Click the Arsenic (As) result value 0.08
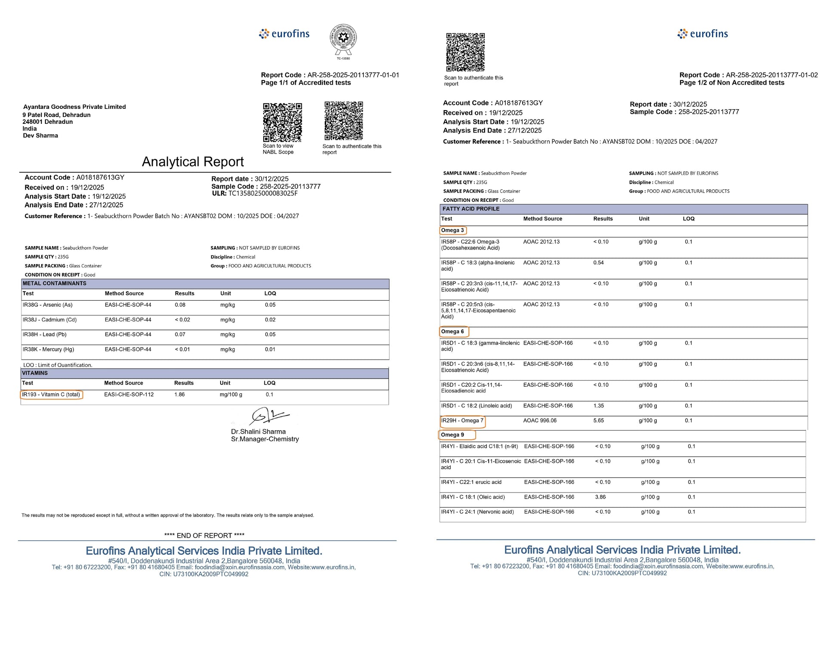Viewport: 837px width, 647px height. (x=180, y=305)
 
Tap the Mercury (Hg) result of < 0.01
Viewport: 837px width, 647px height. (x=182, y=349)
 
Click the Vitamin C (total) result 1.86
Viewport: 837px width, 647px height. (x=179, y=394)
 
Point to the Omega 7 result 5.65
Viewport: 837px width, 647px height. (x=599, y=421)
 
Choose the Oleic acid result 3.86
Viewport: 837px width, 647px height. (x=600, y=497)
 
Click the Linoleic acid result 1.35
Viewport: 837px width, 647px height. (x=598, y=406)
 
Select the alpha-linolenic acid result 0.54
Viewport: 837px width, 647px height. (x=598, y=263)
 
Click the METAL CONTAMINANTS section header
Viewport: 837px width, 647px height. (x=54, y=283)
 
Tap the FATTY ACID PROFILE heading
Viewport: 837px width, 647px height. (x=471, y=209)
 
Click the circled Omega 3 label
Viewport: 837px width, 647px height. (x=452, y=231)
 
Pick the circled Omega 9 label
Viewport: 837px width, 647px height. (x=452, y=435)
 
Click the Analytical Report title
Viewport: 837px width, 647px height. (x=193, y=162)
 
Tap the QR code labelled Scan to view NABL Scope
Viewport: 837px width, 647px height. (x=282, y=122)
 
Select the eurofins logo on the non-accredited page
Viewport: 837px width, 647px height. (x=702, y=34)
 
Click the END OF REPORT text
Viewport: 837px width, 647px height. (x=204, y=536)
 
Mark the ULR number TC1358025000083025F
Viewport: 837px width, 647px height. (x=263, y=194)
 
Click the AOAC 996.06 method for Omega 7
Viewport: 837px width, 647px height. (x=539, y=421)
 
